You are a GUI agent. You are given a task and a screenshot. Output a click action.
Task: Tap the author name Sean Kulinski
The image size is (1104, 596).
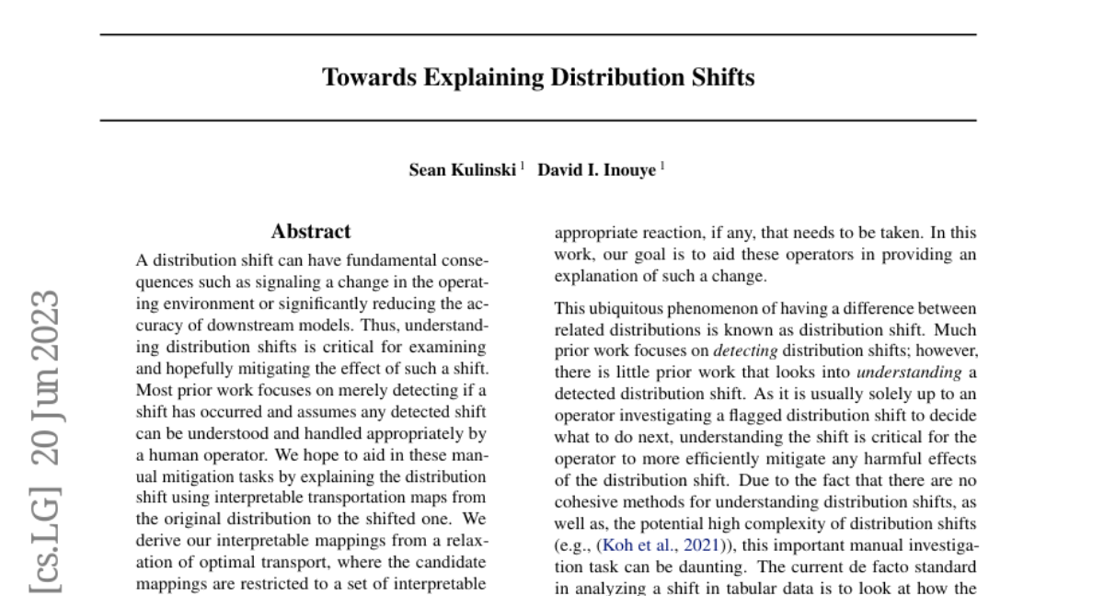463,170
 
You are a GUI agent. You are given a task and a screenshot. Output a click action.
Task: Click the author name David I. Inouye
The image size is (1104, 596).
596,170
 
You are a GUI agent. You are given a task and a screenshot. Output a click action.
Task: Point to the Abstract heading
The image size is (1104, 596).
311,232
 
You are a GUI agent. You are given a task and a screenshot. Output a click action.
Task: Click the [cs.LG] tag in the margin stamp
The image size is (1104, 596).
45,533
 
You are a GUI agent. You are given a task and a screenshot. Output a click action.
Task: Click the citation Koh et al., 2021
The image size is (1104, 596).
661,545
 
